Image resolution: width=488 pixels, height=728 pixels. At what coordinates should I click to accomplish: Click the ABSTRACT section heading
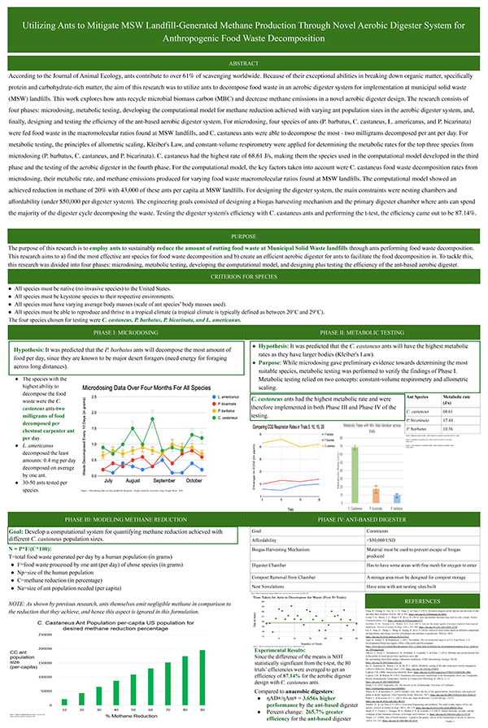click(x=244, y=62)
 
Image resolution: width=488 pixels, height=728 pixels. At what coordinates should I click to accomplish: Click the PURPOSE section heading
click(x=244, y=236)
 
